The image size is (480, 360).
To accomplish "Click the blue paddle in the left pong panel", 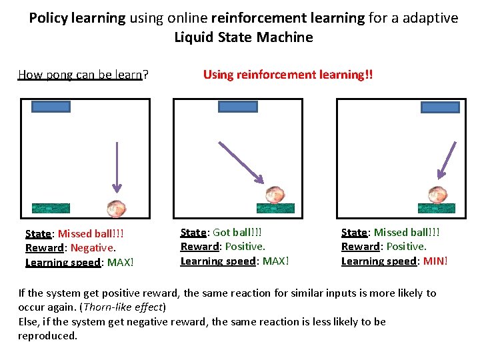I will click(x=51, y=105).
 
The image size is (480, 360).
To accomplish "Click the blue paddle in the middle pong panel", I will click(x=238, y=106).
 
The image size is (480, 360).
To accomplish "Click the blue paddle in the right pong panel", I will click(x=440, y=107).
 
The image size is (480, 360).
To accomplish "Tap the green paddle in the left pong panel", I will click(x=51, y=207).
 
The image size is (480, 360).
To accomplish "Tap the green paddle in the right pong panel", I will click(x=437, y=207).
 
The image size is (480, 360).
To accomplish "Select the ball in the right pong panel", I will click(x=437, y=194).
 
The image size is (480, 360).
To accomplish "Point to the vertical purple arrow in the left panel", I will click(x=116, y=167).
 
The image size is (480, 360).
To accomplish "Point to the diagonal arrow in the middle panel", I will click(x=243, y=160).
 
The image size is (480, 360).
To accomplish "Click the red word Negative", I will click(x=92, y=248).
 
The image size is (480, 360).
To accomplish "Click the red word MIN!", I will click(x=435, y=261).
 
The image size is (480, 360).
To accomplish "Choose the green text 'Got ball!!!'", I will click(x=237, y=233).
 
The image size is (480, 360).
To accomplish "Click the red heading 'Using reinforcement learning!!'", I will click(x=288, y=75).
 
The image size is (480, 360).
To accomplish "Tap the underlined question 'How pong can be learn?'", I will click(x=83, y=75).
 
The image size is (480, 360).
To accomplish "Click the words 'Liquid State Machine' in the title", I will click(x=243, y=37).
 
